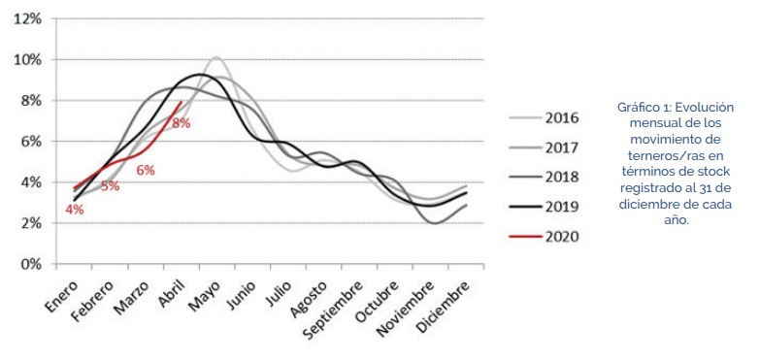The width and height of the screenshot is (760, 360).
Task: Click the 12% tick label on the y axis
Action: [26, 18]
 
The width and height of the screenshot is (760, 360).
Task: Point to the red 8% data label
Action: [182, 123]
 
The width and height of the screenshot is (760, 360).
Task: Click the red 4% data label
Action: [75, 209]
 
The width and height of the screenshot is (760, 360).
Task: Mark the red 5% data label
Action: [110, 185]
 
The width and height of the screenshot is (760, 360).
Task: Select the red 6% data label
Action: [146, 170]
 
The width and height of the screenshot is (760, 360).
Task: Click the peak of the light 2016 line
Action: [215, 57]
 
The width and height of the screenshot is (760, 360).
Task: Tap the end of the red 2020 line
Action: [182, 101]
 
